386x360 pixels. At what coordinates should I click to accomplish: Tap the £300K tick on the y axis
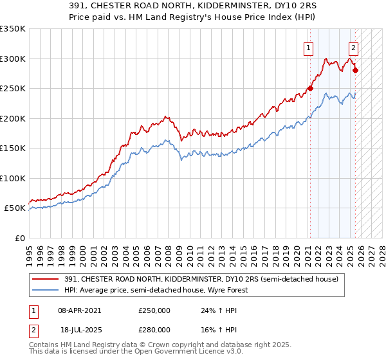[x=13, y=59]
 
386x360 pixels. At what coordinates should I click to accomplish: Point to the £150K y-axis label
[x=13, y=148]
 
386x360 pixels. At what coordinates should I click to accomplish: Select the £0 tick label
[x=20, y=238]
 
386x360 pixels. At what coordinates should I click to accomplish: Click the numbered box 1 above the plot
[x=309, y=47]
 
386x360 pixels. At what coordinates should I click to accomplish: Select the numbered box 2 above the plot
[x=354, y=47]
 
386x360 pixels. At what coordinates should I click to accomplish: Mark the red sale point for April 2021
[x=309, y=89]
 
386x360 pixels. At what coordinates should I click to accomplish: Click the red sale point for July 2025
[x=356, y=71]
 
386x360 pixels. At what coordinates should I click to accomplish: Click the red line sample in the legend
[x=46, y=279]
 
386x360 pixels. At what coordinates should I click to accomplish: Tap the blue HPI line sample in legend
[x=46, y=290]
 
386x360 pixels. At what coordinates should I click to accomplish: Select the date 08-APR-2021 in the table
[x=79, y=310]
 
